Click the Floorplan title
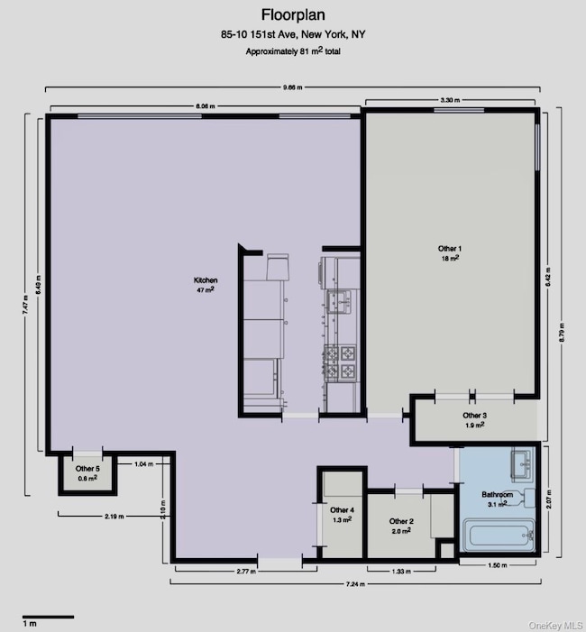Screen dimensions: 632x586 pyautogui.click(x=293, y=14)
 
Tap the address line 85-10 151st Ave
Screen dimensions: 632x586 pyautogui.click(x=293, y=35)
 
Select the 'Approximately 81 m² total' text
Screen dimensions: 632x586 pyautogui.click(x=293, y=51)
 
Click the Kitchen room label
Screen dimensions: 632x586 pyautogui.click(x=206, y=285)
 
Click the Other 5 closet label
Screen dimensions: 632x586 pyautogui.click(x=87, y=472)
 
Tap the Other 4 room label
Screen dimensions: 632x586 pyautogui.click(x=342, y=515)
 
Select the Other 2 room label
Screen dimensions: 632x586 pyautogui.click(x=401, y=526)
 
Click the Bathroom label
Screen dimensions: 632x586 pyautogui.click(x=497, y=499)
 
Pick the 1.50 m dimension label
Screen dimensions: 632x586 pyautogui.click(x=497, y=566)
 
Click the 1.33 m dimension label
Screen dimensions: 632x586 pyautogui.click(x=402, y=572)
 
